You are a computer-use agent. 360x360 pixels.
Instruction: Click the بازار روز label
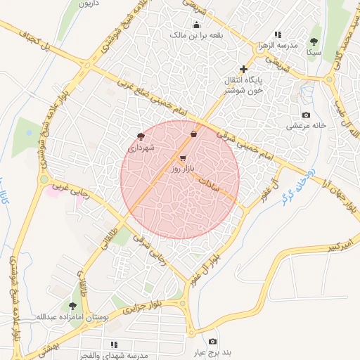click(x=181, y=170)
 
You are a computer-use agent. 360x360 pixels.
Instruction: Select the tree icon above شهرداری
click(x=141, y=137)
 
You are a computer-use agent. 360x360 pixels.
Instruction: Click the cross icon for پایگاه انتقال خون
click(x=243, y=69)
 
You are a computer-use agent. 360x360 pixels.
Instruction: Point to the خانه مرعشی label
click(x=307, y=126)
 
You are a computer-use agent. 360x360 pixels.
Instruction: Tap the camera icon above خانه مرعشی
click(x=306, y=115)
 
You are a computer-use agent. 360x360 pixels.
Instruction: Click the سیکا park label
click(x=314, y=53)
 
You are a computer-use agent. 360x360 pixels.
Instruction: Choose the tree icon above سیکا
click(x=314, y=41)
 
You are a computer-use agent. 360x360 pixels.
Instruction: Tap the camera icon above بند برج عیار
click(x=213, y=342)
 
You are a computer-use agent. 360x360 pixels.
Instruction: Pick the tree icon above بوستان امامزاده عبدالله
click(x=72, y=306)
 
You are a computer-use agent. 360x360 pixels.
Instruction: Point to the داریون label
click(x=87, y=4)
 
